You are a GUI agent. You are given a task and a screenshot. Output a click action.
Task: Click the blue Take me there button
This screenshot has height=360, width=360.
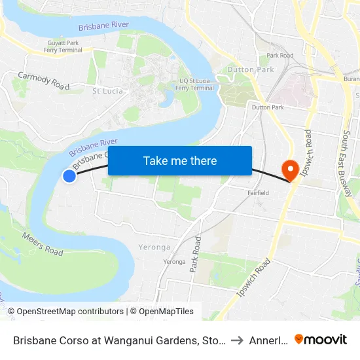180,160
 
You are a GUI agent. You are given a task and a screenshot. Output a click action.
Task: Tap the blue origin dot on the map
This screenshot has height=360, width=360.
69,175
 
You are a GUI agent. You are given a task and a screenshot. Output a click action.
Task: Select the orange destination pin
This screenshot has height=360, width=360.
289,170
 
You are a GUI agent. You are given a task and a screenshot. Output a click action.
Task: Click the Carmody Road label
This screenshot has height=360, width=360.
43,81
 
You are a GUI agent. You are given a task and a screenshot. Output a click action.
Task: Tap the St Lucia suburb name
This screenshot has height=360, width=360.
107,91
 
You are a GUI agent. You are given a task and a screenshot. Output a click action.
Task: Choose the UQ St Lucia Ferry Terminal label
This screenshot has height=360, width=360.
196,84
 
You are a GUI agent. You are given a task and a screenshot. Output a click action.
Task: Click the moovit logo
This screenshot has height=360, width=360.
321,340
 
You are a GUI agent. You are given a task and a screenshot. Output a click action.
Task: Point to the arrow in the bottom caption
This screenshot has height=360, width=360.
238,340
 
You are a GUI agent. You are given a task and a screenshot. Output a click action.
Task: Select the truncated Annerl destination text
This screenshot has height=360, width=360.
267,340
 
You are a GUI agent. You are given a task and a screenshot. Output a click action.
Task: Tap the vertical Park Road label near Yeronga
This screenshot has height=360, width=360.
194,254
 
